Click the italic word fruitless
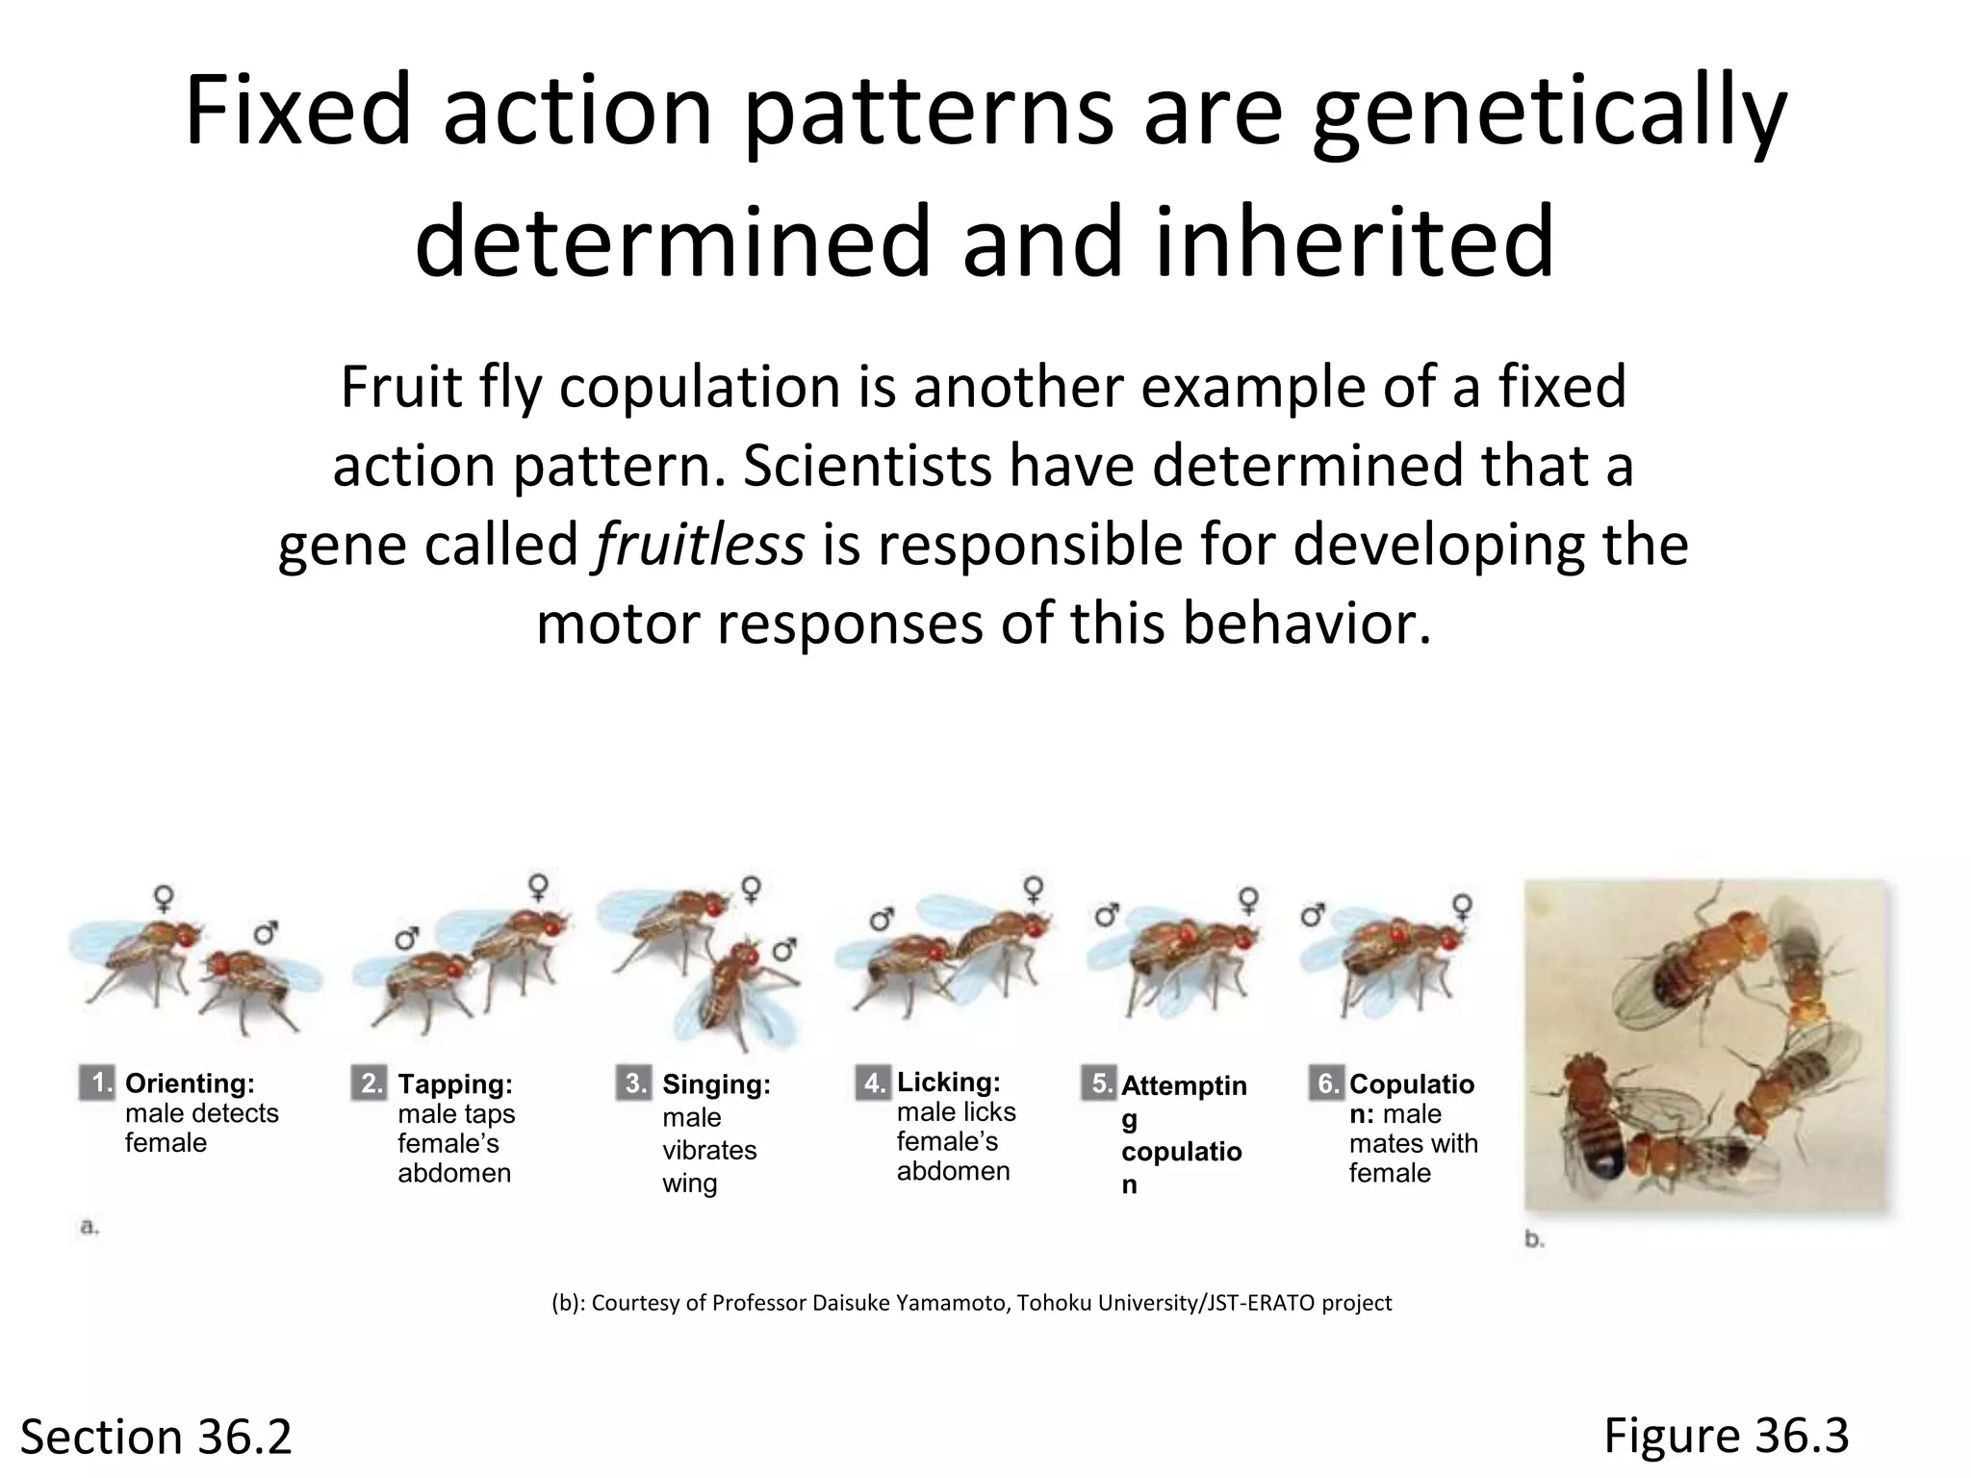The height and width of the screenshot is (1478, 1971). click(700, 546)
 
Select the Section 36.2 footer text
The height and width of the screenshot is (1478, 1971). click(156, 1437)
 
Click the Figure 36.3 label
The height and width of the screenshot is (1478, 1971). click(1726, 1435)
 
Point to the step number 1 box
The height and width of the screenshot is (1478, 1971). click(97, 1083)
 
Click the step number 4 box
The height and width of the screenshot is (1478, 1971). click(873, 1083)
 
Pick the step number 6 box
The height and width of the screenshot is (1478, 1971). click(1326, 1083)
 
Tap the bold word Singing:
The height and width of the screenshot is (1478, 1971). click(716, 1084)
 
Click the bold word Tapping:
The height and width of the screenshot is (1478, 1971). click(455, 1084)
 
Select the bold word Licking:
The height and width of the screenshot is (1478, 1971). click(948, 1083)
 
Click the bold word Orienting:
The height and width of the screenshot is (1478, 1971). click(190, 1083)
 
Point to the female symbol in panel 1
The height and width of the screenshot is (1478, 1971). click(165, 898)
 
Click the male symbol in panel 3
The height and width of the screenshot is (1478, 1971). click(785, 950)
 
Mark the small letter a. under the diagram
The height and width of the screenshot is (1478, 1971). click(90, 1227)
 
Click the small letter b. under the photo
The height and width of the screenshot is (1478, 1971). click(1535, 1239)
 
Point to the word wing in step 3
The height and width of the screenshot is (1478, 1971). click(689, 1183)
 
